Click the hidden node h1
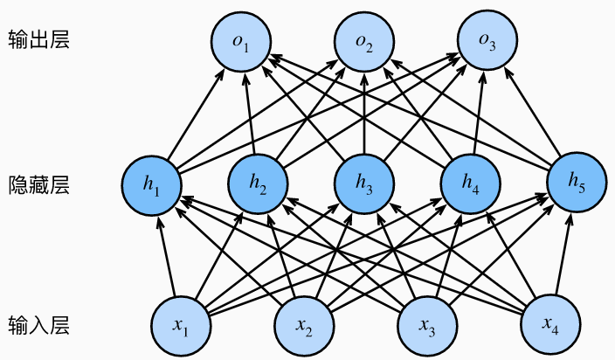click(x=152, y=184)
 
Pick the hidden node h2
click(x=258, y=184)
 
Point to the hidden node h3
click(x=363, y=184)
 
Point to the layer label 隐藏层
click(x=32, y=184)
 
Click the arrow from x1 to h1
click(x=165, y=255)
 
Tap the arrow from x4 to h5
click(x=562, y=255)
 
